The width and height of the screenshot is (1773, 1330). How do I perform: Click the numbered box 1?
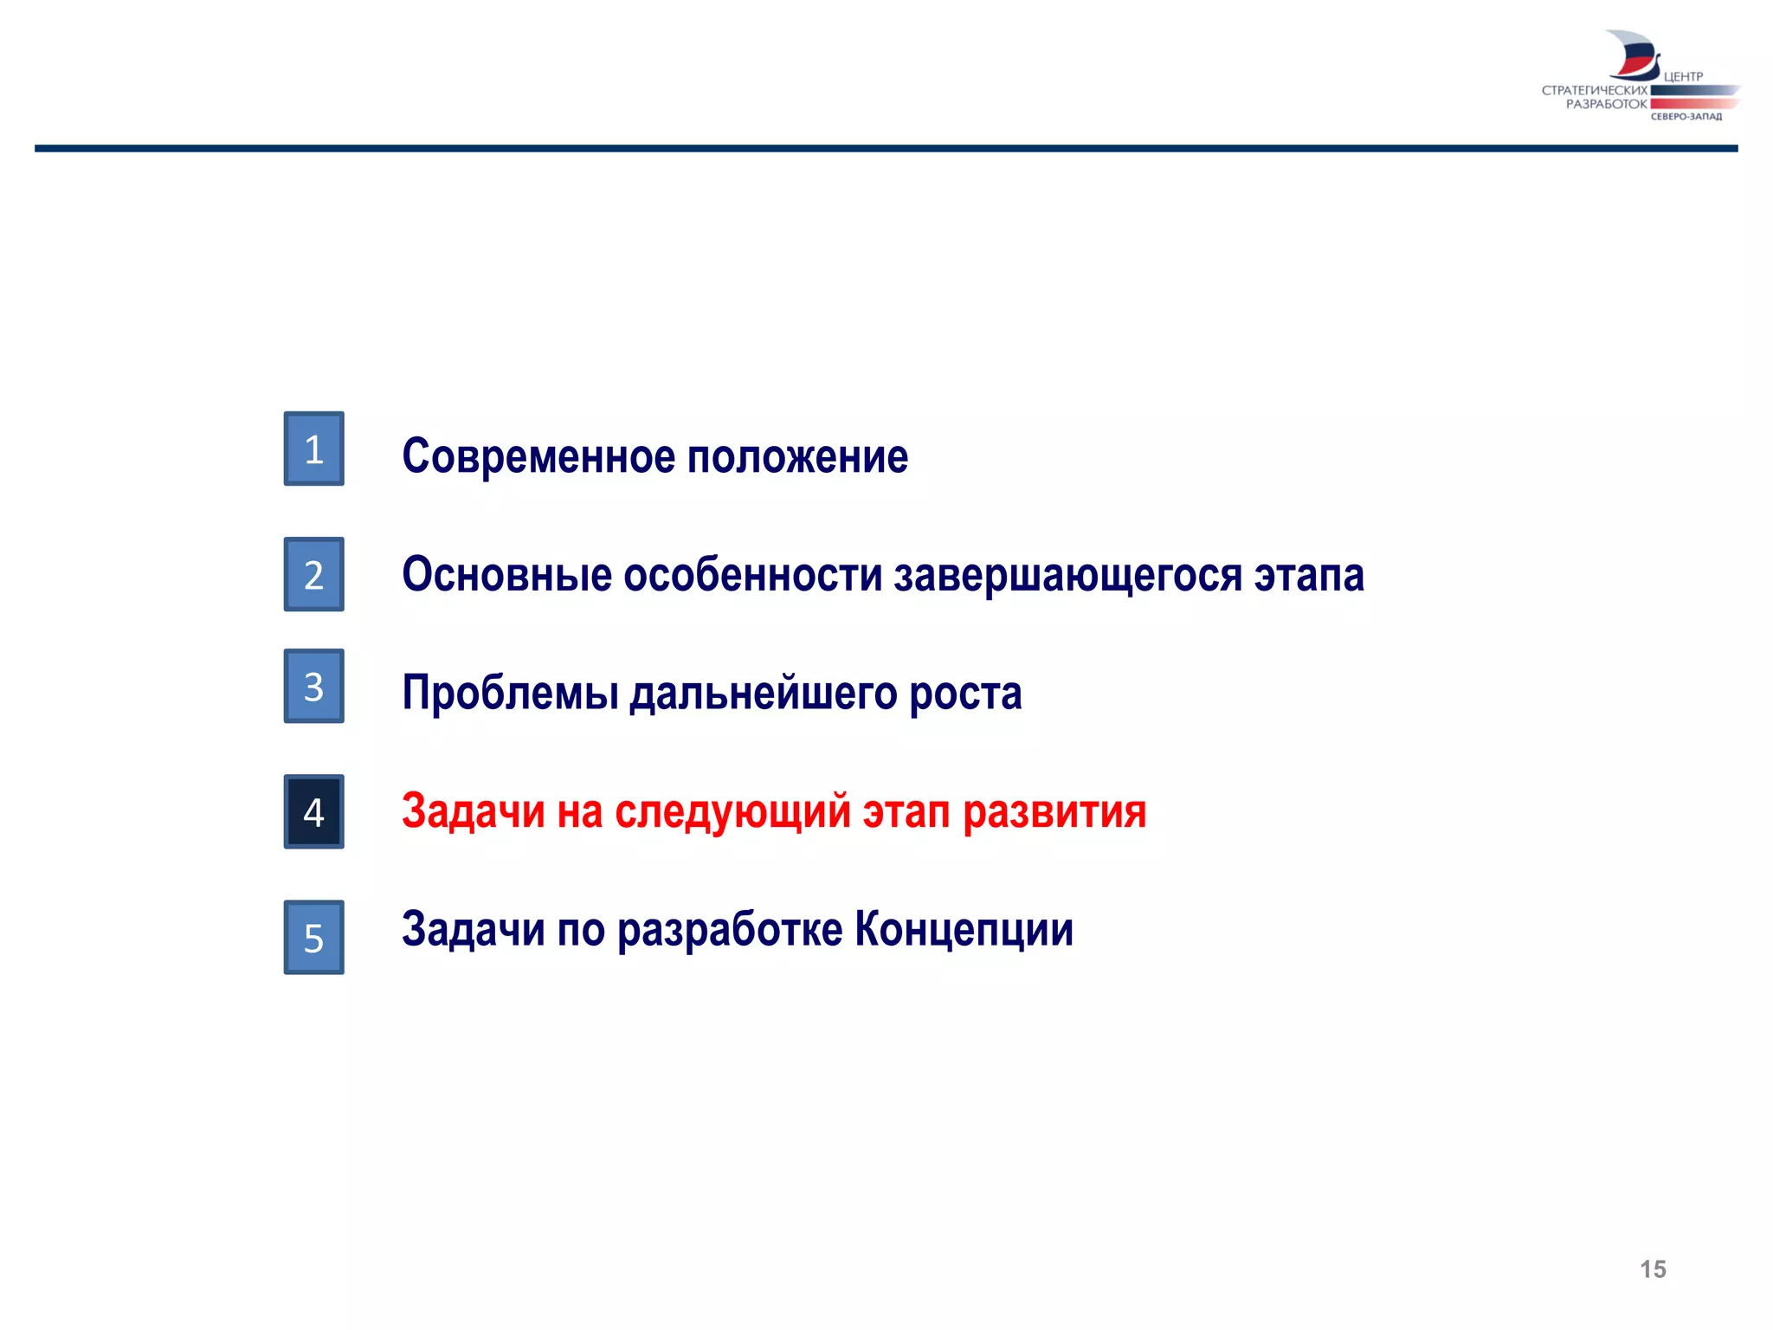point(313,449)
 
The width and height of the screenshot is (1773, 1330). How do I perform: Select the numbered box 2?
point(313,574)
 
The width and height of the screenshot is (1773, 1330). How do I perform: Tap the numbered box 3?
point(313,686)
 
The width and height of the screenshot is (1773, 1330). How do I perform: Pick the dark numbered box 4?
point(313,811)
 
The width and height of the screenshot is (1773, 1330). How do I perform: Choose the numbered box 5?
point(313,937)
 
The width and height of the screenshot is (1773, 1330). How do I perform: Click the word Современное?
point(538,456)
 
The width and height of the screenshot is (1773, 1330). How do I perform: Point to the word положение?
point(797,456)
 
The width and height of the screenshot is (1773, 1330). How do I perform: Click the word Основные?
point(506,575)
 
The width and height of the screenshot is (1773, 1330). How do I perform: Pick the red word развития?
point(1054,812)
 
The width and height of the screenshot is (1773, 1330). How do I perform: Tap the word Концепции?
point(964,930)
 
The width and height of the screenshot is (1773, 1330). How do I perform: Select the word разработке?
point(730,930)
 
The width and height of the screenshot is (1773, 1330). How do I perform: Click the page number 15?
point(1653,1269)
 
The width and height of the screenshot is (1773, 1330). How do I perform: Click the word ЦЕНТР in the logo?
point(1683,77)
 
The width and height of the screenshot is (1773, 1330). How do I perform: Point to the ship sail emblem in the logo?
point(1632,55)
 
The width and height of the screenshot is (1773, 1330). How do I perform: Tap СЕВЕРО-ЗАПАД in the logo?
point(1686,117)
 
